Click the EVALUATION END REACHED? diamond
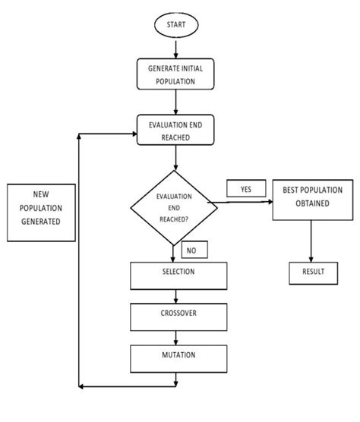point(174,206)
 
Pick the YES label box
point(245,189)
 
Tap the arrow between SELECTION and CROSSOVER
point(178,296)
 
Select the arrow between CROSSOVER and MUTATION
point(178,338)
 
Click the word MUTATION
point(178,354)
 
